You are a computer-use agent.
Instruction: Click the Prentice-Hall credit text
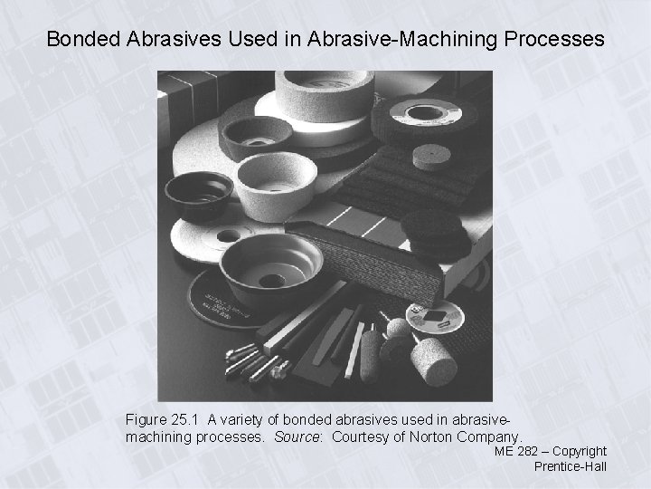[570, 466]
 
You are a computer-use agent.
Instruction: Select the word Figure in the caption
[146, 420]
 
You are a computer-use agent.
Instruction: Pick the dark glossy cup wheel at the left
[200, 193]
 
